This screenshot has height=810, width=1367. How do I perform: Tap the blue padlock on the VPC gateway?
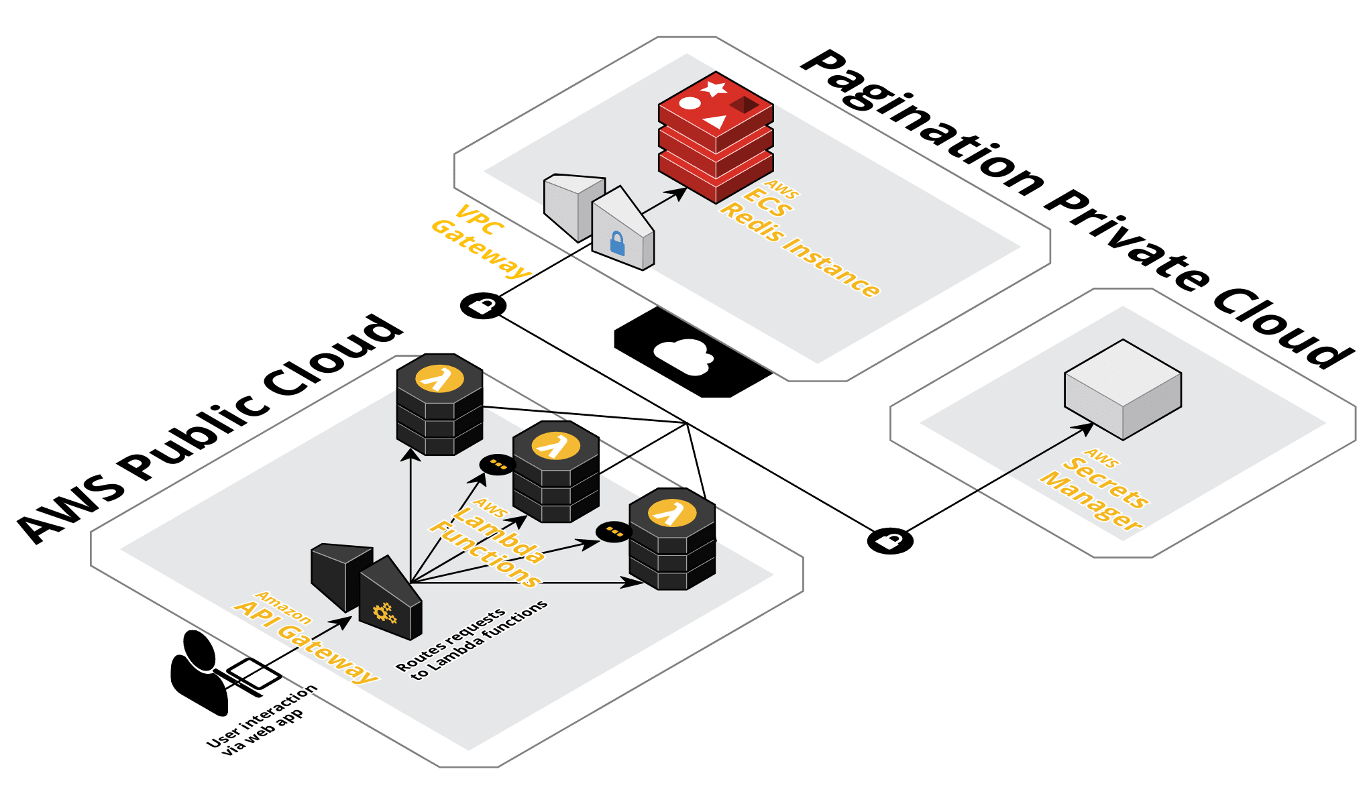[617, 243]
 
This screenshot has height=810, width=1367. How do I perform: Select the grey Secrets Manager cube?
[1123, 389]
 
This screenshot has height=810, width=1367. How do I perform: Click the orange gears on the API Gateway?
[384, 612]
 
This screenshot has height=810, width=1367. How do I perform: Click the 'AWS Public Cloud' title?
[208, 429]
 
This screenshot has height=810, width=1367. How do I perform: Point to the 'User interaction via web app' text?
[262, 721]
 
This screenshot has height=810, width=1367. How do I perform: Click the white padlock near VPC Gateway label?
[482, 306]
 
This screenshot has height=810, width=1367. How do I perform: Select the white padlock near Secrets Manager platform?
[889, 540]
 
